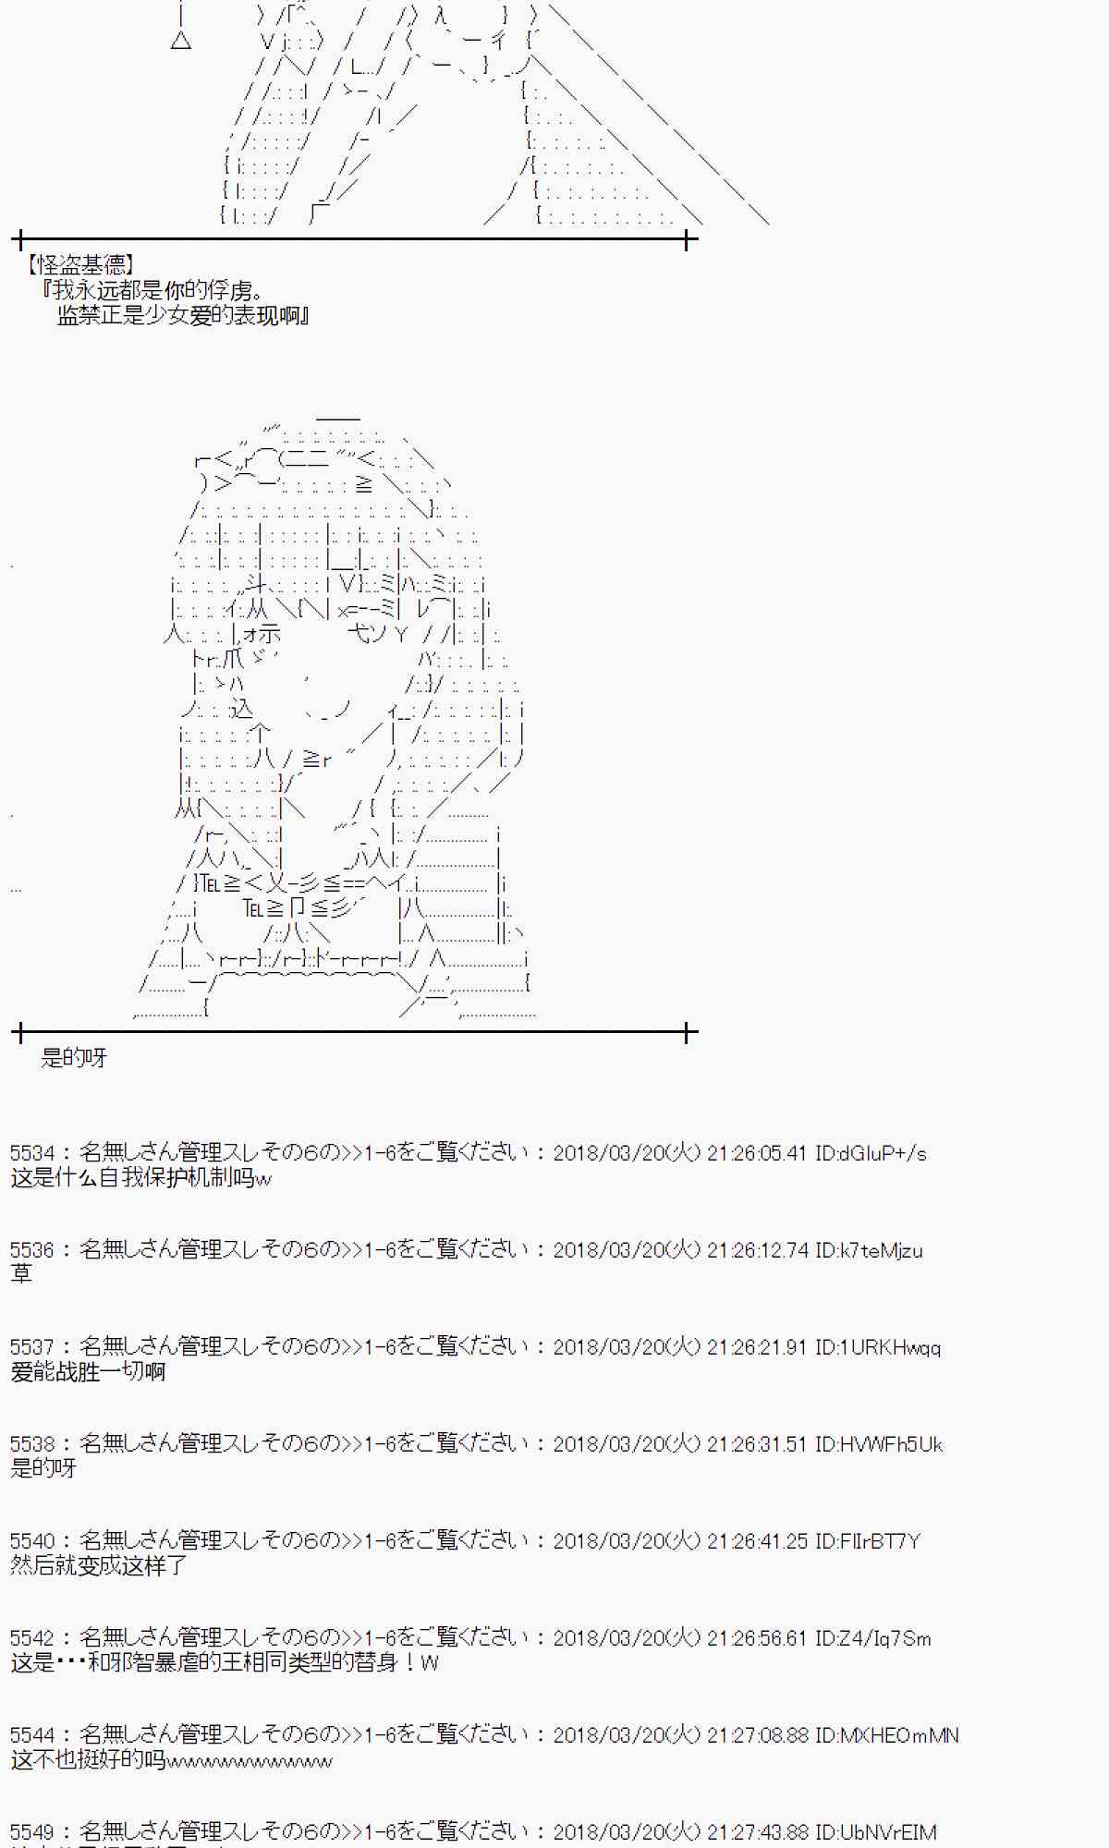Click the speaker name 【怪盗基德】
pos(81,266)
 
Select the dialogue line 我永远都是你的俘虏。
pos(153,291)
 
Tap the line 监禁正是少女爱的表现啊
pos(182,316)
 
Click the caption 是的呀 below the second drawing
pos(74,1058)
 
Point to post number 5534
pos(32,1153)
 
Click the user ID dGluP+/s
pos(871,1153)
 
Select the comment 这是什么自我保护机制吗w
pos(141,1178)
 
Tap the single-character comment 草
pos(21,1274)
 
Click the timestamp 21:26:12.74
pos(757,1250)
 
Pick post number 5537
pos(32,1347)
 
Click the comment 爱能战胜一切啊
pos(88,1372)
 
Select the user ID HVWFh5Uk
pos(879,1444)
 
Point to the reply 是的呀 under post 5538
pos(43,1469)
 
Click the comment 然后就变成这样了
pos(99,1565)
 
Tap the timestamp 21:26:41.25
pos(757,1541)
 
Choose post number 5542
pos(32,1638)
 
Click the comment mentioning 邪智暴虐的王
pos(225,1663)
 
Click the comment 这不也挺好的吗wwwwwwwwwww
pos(172,1760)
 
